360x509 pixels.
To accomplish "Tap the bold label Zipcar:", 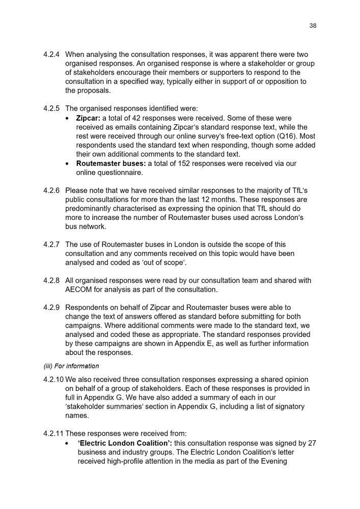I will pyautogui.click(x=90, y=118).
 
